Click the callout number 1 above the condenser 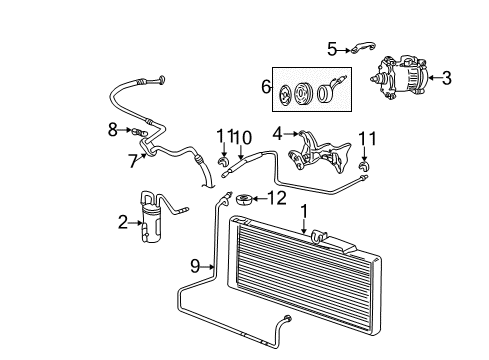(x=302, y=212)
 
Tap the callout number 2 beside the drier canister (x=123, y=221)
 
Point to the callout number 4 (x=276, y=132)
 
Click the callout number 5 (x=332, y=46)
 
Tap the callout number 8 (x=113, y=128)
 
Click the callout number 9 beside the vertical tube (x=197, y=266)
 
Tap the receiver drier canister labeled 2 (x=152, y=214)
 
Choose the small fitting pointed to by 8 (x=137, y=129)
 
